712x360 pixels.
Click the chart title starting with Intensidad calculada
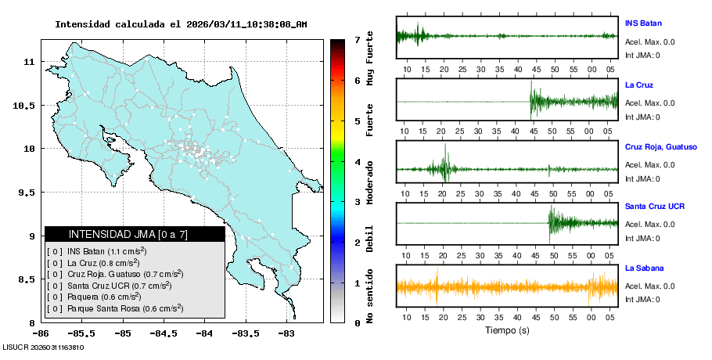(x=181, y=24)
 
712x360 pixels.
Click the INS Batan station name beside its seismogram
(x=643, y=23)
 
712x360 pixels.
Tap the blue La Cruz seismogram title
(x=639, y=85)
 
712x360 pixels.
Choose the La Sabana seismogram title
(x=643, y=268)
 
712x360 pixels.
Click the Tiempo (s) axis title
(x=507, y=330)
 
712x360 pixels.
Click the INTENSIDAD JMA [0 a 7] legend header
(x=135, y=234)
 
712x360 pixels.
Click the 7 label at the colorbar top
(x=357, y=39)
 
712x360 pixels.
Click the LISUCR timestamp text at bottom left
(x=44, y=347)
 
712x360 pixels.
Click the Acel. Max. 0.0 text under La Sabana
(x=650, y=286)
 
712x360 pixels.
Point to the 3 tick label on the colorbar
(x=357, y=202)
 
